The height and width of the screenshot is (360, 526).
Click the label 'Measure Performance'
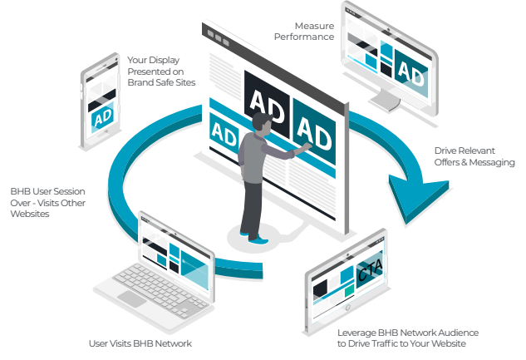point(304,32)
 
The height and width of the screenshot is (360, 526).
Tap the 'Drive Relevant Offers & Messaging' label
point(474,156)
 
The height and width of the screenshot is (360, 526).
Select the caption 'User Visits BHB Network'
point(140,343)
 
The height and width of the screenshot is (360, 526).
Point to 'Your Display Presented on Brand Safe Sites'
point(161,72)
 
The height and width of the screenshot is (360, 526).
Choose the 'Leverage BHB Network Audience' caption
point(408,333)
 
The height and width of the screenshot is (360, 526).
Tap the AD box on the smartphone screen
point(103,117)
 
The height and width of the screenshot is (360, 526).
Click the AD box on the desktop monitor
point(411,73)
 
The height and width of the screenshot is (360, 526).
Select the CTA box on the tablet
point(369,269)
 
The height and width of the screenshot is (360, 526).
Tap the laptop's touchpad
point(132,298)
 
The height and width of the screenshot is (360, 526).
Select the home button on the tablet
point(348,307)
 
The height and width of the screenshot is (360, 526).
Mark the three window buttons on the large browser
point(219,38)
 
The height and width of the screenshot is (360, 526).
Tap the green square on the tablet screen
point(349,290)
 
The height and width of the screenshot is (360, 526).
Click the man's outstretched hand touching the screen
point(306,146)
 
